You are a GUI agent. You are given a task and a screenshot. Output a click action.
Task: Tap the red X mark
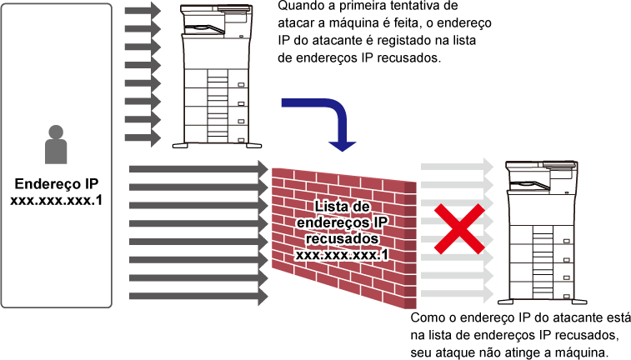tap(458, 228)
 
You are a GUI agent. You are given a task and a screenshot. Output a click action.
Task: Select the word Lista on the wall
tap(332, 206)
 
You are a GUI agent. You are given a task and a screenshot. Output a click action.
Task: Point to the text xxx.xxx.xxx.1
tap(343, 254)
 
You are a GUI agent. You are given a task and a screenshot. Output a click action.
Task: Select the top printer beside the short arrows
tap(214, 75)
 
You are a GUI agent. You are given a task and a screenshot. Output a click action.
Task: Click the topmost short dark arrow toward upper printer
tap(143, 11)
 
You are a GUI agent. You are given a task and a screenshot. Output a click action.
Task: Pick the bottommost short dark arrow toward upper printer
tap(143, 137)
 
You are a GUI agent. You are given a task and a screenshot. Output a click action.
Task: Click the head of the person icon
tap(56, 132)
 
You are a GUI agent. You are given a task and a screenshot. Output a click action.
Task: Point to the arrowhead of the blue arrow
tap(342, 145)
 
